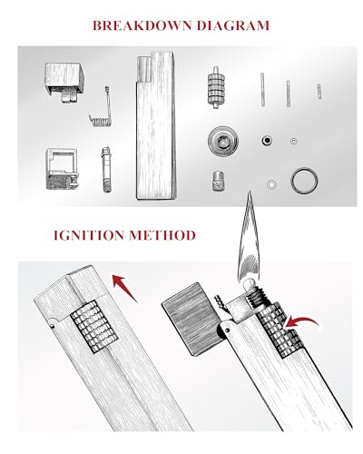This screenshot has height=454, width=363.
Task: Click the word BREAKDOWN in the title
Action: coord(142,25)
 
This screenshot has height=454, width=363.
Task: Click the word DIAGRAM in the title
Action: coord(233,25)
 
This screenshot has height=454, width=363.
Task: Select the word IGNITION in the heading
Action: coord(89,235)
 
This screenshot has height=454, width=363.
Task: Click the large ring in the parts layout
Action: coord(304,181)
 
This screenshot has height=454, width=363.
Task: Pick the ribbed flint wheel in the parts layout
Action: coord(216,87)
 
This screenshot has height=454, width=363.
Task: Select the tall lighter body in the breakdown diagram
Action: coord(156,125)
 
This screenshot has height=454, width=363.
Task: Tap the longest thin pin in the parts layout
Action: coord(262,90)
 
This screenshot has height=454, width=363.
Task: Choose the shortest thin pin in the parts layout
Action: coord(319,92)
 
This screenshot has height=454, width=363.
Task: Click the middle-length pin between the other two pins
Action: coord(289,94)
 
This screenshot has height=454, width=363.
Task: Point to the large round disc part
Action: coord(223,141)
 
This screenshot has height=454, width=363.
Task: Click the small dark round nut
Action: coord(267,141)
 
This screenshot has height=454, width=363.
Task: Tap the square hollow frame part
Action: coord(62,169)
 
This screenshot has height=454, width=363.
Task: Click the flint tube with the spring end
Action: coord(106,169)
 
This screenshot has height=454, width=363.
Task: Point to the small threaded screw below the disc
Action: coord(217,181)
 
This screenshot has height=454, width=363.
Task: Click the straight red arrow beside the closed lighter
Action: coord(124,288)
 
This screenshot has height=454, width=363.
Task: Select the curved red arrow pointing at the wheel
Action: coord(302,321)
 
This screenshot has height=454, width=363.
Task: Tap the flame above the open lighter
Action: coord(250,239)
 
